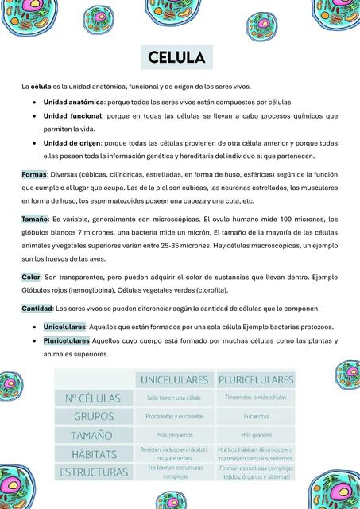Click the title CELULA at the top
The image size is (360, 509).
coord(176,57)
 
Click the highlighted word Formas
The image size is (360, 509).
coord(34,174)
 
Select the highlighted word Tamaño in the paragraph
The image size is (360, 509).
coord(35,219)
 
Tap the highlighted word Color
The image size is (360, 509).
coord(31,277)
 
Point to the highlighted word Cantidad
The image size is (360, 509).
coord(37,308)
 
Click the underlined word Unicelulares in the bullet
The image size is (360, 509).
coord(64,327)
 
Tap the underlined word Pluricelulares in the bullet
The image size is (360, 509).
coord(67,340)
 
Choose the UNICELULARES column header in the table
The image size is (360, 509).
coord(174,379)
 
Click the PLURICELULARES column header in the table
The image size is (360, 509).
coord(255,379)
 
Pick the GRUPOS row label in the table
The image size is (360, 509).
coord(94,416)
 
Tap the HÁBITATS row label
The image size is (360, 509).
coord(94,454)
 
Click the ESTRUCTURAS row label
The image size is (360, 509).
coord(94,472)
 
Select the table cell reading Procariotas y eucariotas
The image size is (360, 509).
coord(174,416)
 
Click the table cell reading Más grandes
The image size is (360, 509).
coord(256,435)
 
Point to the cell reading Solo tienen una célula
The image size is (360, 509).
coord(174,398)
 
